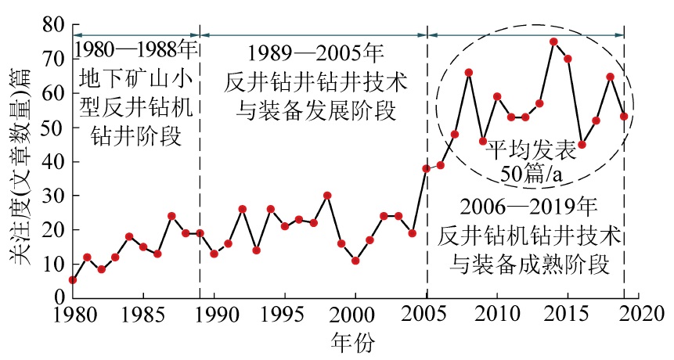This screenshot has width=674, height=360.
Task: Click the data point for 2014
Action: pyautogui.click(x=553, y=41)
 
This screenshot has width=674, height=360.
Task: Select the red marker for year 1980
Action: pyautogui.click(x=73, y=279)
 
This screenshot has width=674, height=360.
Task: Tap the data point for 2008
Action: pyautogui.click(x=468, y=73)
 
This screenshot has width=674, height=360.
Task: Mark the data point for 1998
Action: pyautogui.click(x=327, y=195)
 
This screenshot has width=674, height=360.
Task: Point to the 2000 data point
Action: pyautogui.click(x=355, y=260)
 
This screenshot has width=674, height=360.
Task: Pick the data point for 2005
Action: pyautogui.click(x=427, y=168)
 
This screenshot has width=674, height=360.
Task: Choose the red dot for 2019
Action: pyautogui.click(x=624, y=116)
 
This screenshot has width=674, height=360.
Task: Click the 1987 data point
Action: pyautogui.click(x=171, y=215)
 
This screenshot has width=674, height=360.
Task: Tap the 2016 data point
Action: pyautogui.click(x=582, y=145)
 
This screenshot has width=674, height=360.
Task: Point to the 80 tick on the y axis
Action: pyautogui.click(x=52, y=26)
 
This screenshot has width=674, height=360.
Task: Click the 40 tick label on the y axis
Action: pyautogui.click(x=52, y=162)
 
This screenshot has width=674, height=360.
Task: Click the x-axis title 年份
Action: pyautogui.click(x=355, y=342)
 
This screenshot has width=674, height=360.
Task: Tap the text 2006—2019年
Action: pyautogui.click(x=529, y=208)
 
